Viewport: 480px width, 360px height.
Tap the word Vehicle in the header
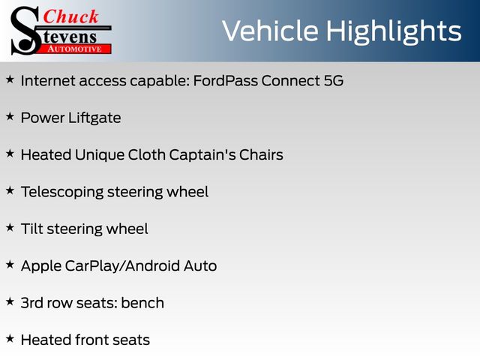(270, 30)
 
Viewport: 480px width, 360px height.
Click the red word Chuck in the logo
(70, 16)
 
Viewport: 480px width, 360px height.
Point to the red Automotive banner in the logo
(75, 49)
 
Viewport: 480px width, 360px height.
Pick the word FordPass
(226, 80)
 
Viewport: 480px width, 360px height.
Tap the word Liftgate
(94, 118)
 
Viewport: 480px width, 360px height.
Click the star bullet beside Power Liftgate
(10, 116)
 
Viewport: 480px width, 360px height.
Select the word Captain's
(202, 154)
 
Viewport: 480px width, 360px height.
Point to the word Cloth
(147, 154)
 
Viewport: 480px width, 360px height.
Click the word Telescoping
(62, 192)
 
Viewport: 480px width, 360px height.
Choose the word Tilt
(31, 229)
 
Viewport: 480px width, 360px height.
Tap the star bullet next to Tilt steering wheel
(10, 227)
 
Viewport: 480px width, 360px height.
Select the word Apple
(41, 266)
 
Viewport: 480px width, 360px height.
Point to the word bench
(142, 303)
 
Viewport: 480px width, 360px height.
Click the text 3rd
(31, 303)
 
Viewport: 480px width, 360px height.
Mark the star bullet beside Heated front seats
(10, 338)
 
